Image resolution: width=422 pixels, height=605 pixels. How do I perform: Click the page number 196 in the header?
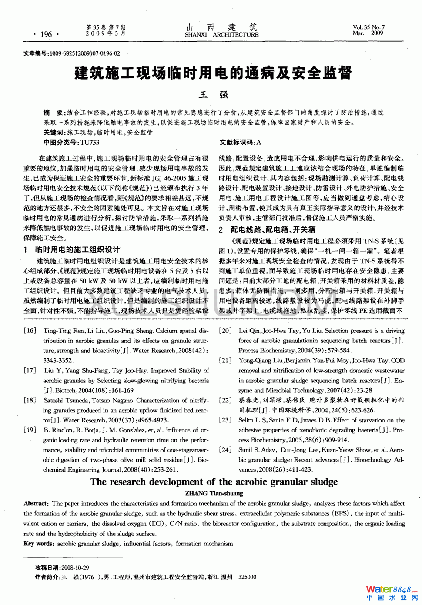pos(46,34)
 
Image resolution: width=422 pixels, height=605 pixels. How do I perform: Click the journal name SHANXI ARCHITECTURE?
pos(221,35)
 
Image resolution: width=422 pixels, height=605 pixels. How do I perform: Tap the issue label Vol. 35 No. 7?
pos(368,27)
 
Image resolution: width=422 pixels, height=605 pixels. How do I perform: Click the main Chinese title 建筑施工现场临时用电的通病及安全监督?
pos(213,73)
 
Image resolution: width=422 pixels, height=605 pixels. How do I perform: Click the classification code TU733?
pos(90,142)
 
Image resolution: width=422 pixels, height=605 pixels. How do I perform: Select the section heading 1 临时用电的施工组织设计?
pos(72,249)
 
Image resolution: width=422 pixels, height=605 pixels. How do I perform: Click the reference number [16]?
pos(30,331)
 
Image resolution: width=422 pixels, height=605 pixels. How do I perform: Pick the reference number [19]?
pos(30,430)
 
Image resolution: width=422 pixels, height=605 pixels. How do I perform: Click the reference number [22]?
pos(225,400)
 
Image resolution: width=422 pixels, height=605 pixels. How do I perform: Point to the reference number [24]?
pos(225,450)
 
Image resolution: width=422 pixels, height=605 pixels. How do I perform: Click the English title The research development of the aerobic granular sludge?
pos(214,482)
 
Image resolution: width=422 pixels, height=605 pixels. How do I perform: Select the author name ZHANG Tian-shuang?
pos(214,493)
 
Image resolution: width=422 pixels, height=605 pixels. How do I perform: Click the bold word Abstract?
pos(35,504)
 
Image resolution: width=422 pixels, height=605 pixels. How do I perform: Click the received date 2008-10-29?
pos(75,568)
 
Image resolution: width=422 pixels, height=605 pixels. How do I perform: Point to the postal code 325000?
pos(247,577)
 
